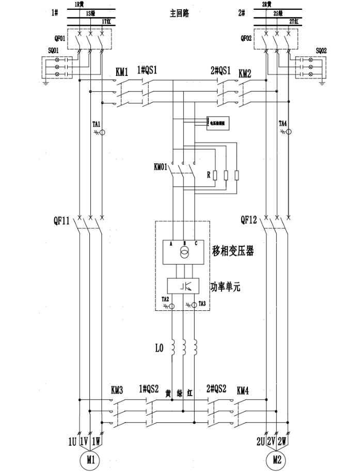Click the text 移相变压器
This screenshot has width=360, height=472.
pyautogui.click(x=233, y=252)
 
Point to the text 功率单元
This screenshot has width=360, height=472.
pyautogui.click(x=225, y=286)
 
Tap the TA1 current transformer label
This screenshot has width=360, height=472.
pyautogui.click(x=97, y=124)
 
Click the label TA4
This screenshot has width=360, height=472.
pyautogui.click(x=283, y=124)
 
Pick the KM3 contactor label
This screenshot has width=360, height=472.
pyautogui.click(x=117, y=390)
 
